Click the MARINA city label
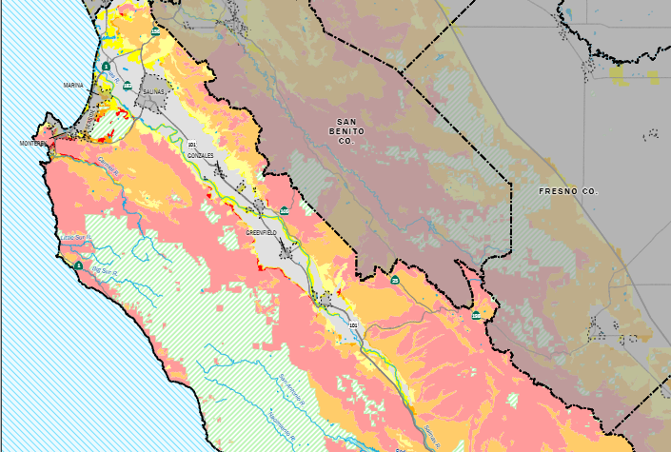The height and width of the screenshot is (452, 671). pos(73,86)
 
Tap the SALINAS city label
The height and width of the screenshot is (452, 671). pos(154,91)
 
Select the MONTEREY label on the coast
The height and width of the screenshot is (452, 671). pos(33,144)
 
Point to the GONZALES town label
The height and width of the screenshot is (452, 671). pos(201,153)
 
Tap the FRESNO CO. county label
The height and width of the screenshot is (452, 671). pos(568,191)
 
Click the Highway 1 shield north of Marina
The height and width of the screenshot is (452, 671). pos(107,67)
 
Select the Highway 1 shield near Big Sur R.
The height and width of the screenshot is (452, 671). pos(78,265)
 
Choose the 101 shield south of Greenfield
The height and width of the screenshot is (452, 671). pos(353,325)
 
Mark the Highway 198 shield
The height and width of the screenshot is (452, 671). pos(476,315)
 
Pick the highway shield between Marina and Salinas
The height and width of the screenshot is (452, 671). pos(126,87)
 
